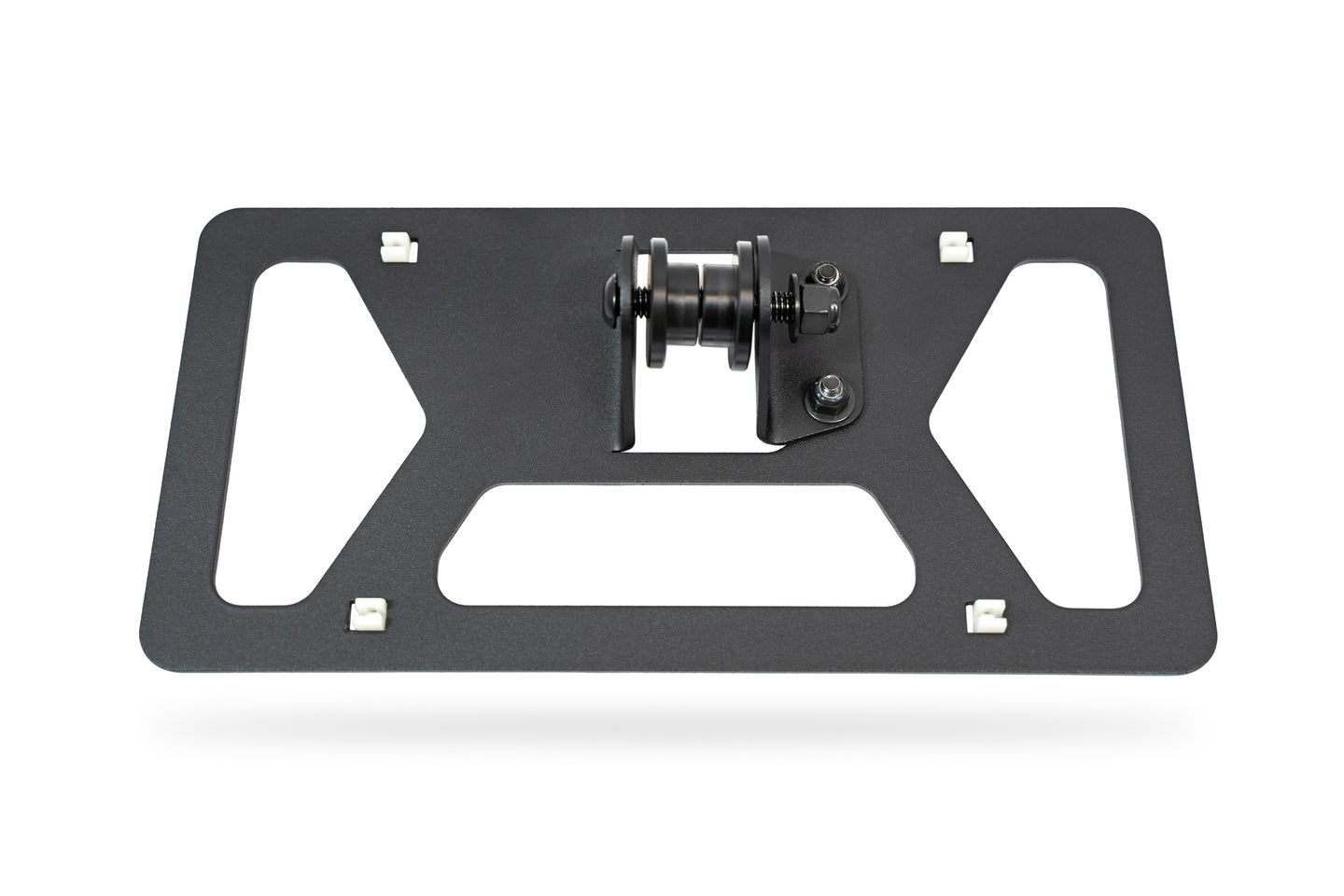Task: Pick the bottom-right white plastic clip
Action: point(984,613)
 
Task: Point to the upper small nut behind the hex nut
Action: point(824,273)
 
